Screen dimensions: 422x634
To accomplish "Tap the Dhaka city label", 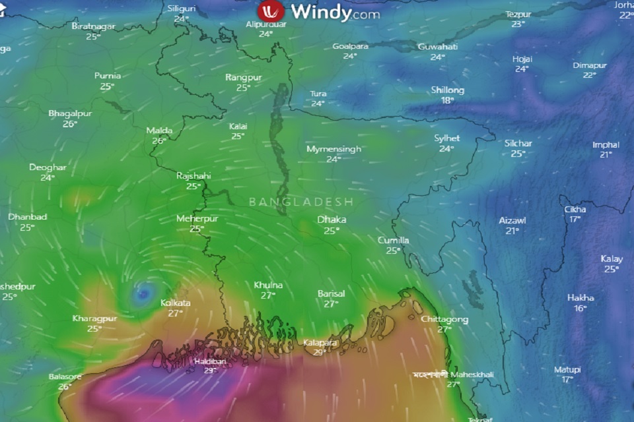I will pyautogui.click(x=332, y=220).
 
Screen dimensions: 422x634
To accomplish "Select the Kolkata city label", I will pyautogui.click(x=176, y=303).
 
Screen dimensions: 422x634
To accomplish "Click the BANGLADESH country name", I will pyautogui.click(x=301, y=202).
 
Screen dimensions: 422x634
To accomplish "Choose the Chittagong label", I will pyautogui.click(x=444, y=320).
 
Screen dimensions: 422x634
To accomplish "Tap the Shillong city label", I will pyautogui.click(x=448, y=90).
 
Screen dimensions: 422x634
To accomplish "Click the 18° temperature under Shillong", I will pyautogui.click(x=448, y=100).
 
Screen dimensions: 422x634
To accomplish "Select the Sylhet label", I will pyautogui.click(x=446, y=138).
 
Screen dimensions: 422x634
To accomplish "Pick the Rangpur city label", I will pyautogui.click(x=243, y=78).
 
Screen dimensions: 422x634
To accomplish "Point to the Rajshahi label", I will pyautogui.click(x=194, y=176).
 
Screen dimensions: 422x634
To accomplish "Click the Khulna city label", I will pyautogui.click(x=268, y=286).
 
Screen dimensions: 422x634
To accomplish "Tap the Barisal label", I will pyautogui.click(x=332, y=293).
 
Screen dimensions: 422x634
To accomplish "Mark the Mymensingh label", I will pyautogui.click(x=334, y=149).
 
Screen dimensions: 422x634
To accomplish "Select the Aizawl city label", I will pyautogui.click(x=512, y=221).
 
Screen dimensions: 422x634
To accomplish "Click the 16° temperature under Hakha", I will pyautogui.click(x=581, y=308).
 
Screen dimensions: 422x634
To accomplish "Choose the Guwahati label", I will pyautogui.click(x=437, y=47).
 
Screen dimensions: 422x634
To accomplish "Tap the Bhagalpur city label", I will pyautogui.click(x=70, y=113).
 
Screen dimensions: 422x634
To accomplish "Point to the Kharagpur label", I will pyautogui.click(x=94, y=318).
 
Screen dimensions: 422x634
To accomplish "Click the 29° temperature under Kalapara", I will pyautogui.click(x=320, y=353).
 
